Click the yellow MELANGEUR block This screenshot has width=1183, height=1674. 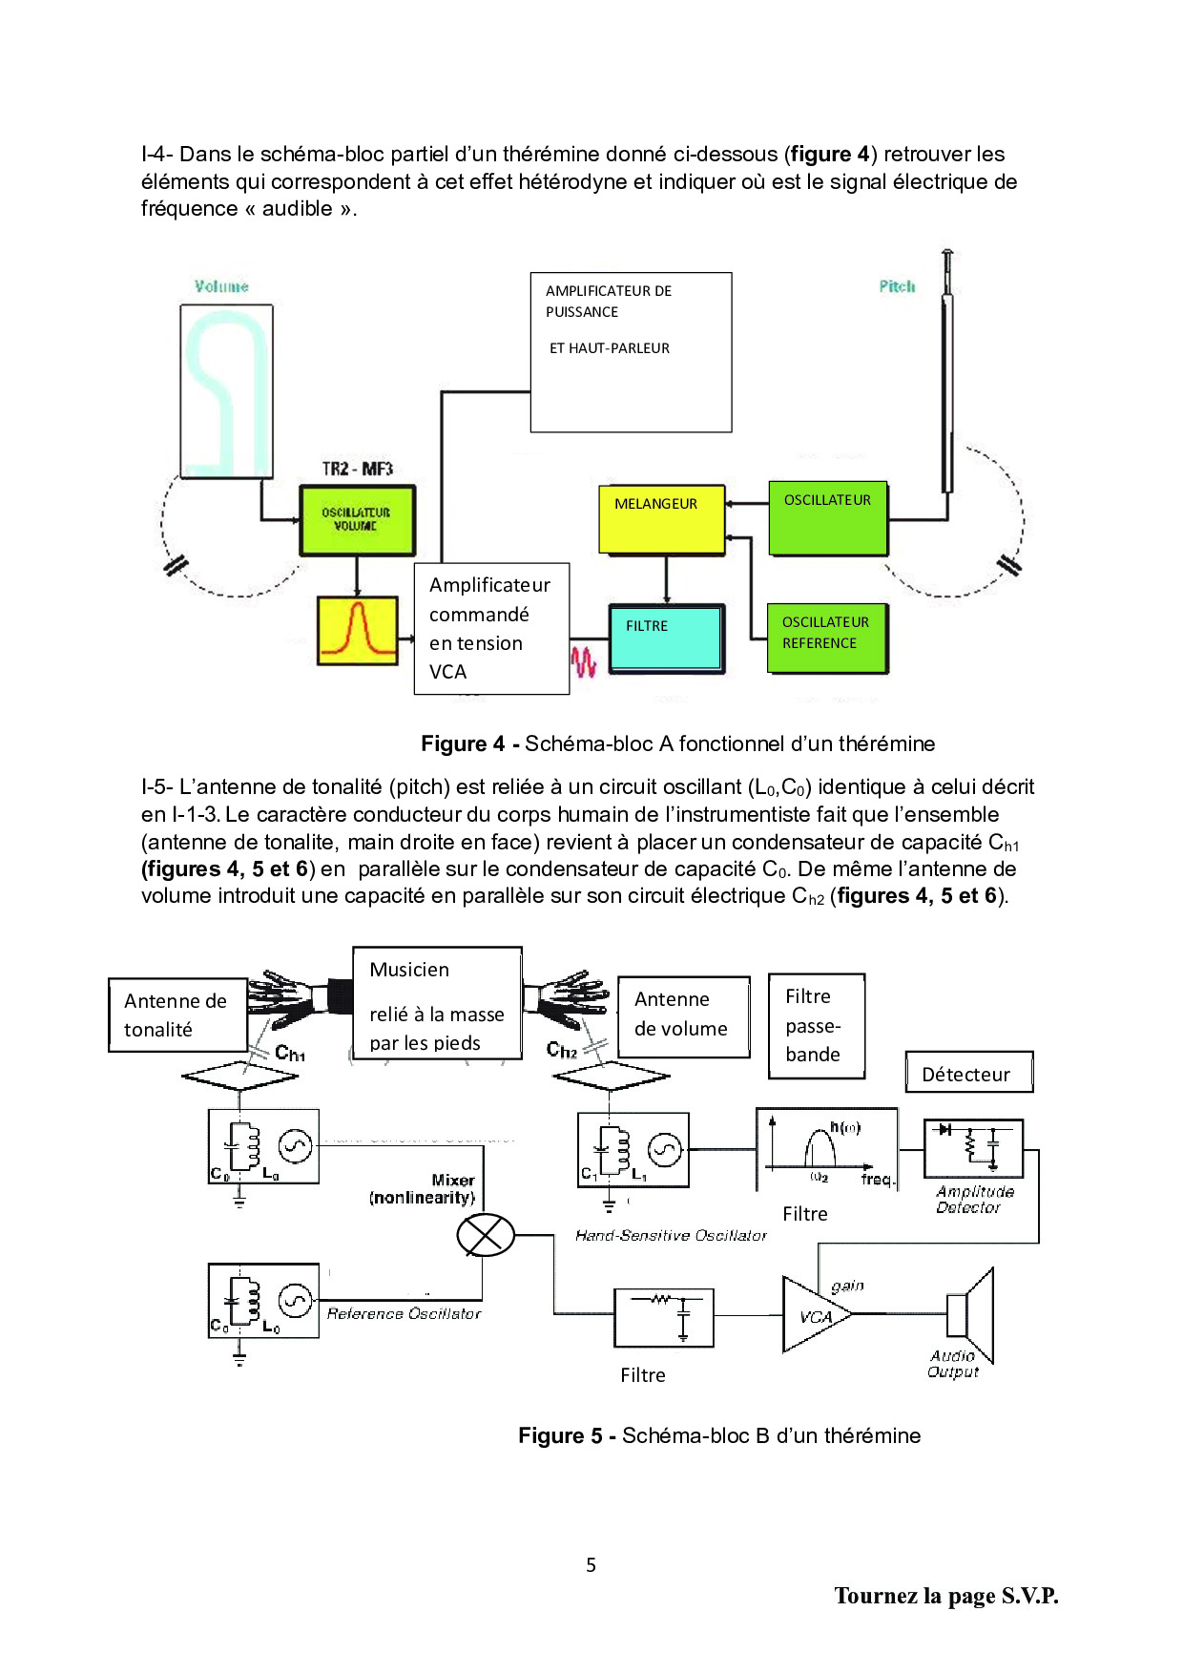pyautogui.click(x=662, y=519)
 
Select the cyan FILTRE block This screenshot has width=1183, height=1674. pyautogui.click(x=667, y=638)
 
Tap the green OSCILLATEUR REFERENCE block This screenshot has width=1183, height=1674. pyautogui.click(x=827, y=638)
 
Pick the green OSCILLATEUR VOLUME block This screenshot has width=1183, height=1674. pyautogui.click(x=358, y=520)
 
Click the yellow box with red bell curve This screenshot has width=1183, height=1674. pyautogui.click(x=358, y=631)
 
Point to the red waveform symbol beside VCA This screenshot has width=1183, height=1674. pyautogui.click(x=584, y=661)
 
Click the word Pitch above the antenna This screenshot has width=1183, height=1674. pyautogui.click(x=897, y=286)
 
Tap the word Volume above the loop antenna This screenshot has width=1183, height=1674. pyautogui.click(x=221, y=286)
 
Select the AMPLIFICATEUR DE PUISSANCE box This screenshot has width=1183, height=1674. pyautogui.click(x=631, y=352)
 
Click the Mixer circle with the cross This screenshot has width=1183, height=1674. pyautogui.click(x=486, y=1236)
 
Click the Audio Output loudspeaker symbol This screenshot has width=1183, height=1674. pyautogui.click(x=970, y=1315)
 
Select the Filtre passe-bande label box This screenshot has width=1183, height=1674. pyautogui.click(x=817, y=1026)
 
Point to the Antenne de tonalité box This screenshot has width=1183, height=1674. pyautogui.click(x=178, y=1015)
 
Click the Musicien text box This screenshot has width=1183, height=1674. pyautogui.click(x=437, y=1003)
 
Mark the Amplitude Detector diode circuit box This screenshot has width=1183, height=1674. pyautogui.click(x=973, y=1148)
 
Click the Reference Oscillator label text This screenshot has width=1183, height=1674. pyautogui.click(x=404, y=1313)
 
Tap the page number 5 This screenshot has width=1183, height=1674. pyautogui.click(x=591, y=1564)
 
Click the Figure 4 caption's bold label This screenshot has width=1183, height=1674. pyautogui.click(x=463, y=743)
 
